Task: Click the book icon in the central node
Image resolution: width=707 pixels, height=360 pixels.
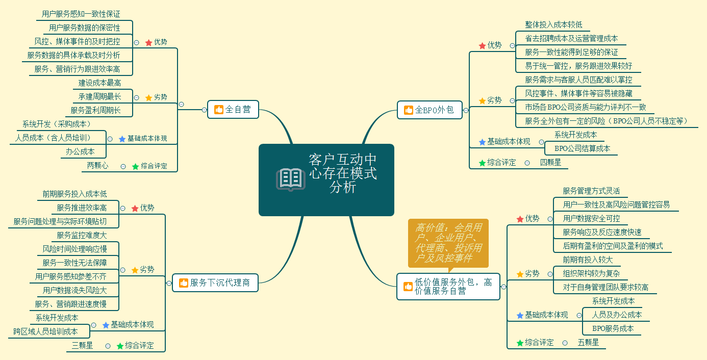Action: [290, 179]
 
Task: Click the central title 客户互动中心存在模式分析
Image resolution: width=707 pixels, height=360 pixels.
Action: [343, 174]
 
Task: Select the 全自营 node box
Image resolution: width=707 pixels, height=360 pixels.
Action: [233, 109]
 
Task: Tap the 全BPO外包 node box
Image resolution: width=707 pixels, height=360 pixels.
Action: [430, 110]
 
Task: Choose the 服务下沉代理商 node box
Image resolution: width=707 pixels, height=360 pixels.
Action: [215, 282]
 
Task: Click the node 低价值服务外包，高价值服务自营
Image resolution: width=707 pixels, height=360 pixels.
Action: [448, 287]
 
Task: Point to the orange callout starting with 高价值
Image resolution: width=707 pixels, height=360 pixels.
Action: [448, 243]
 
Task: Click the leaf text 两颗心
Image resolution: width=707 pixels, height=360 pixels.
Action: [97, 165]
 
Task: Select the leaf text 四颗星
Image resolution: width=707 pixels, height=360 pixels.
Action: [550, 163]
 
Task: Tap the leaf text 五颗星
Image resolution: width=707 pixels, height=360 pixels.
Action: [588, 343]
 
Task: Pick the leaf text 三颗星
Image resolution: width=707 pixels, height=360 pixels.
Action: [82, 345]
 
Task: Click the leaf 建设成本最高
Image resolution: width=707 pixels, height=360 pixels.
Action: [99, 83]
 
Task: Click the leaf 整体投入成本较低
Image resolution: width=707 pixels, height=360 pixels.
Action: [553, 24]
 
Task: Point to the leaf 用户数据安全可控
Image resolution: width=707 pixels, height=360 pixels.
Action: [591, 218]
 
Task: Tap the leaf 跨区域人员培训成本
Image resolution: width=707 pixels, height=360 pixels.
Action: [45, 331]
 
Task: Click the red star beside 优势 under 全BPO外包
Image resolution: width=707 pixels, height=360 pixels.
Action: [482, 46]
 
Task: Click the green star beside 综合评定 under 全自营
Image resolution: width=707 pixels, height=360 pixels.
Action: [135, 166]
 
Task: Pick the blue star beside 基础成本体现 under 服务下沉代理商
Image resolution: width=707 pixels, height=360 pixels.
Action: [106, 325]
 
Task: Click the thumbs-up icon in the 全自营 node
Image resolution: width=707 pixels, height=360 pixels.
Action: [219, 110]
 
